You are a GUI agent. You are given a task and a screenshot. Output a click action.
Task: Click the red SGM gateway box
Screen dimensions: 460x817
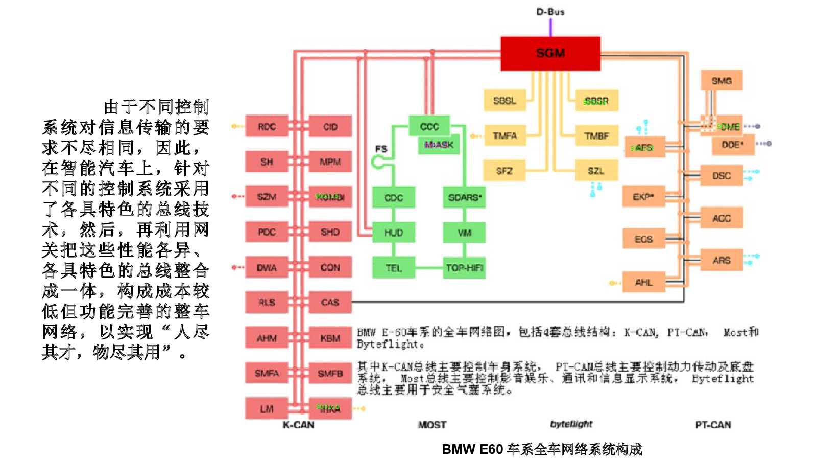[550, 53]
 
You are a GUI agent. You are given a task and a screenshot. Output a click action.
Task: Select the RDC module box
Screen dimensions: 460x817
[267, 126]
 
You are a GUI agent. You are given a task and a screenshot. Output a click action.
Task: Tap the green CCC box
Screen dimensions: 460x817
[429, 126]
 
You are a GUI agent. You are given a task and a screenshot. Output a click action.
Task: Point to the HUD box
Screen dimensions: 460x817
[393, 233]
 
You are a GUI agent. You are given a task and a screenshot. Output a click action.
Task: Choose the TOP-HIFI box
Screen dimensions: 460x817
[464, 268]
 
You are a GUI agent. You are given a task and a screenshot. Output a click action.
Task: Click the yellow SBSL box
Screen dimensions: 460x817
[504, 101]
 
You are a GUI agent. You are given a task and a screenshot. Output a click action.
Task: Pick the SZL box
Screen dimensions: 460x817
[596, 171]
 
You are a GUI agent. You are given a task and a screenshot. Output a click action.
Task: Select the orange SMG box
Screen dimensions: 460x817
[722, 81]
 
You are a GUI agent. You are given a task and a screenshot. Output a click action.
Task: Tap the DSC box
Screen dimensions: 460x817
[722, 176]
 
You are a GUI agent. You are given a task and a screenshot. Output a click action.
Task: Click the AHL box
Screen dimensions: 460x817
[643, 282]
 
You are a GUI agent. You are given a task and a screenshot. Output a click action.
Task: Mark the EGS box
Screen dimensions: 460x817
[643, 239]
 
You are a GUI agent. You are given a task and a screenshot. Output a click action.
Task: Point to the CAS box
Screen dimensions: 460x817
[330, 302]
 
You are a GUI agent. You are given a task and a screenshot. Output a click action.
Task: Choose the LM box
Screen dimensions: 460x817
[267, 408]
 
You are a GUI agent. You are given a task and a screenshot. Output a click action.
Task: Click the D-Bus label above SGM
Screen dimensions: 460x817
[550, 12]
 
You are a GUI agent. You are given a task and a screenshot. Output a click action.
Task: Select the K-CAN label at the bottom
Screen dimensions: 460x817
[299, 425]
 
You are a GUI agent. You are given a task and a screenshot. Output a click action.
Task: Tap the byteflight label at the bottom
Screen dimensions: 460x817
[571, 424]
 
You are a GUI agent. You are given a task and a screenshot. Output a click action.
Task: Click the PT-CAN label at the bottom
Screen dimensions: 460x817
[713, 425]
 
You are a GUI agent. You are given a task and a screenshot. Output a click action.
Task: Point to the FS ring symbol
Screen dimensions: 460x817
[378, 162]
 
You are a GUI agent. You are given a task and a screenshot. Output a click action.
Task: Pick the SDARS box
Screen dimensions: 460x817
[464, 197]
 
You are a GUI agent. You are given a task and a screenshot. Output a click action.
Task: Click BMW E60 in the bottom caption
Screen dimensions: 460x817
[472, 449]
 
